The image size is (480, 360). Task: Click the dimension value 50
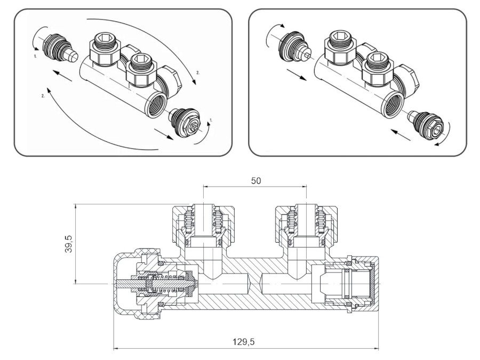[256, 180]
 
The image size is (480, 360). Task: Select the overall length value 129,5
[245, 341]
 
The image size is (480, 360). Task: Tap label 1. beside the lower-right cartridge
[211, 121]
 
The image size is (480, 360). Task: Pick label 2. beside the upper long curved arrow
[197, 71]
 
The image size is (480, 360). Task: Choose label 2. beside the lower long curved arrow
[42, 96]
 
